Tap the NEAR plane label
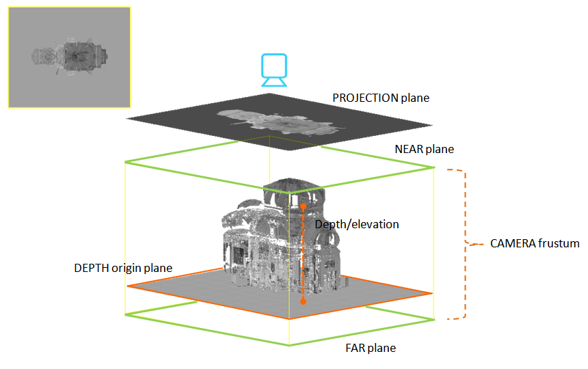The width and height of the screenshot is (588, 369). (x=424, y=149)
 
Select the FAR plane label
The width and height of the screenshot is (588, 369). (x=371, y=348)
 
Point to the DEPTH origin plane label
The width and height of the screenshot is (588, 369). (x=123, y=268)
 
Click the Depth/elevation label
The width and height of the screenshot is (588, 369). (x=356, y=224)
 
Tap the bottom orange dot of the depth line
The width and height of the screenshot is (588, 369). (x=304, y=301)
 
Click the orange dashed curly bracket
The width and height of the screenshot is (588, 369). (x=465, y=243)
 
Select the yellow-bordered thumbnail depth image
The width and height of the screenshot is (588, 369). (x=69, y=57)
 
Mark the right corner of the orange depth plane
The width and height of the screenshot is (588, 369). (x=432, y=293)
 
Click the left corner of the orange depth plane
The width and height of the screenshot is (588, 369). (x=128, y=286)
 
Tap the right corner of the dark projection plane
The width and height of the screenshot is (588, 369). (x=431, y=126)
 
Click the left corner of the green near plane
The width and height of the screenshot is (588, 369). (x=125, y=162)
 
